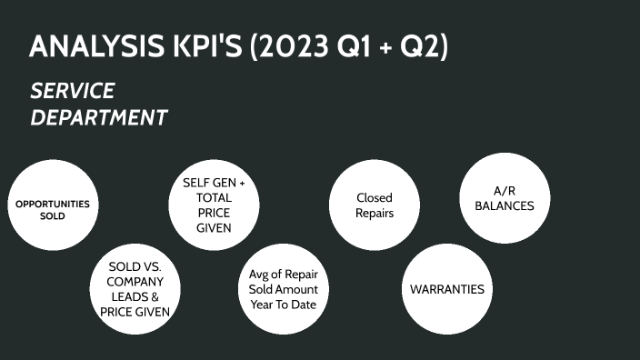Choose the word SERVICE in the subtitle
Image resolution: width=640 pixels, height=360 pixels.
[72, 91]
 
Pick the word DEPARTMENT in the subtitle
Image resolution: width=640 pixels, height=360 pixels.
[99, 117]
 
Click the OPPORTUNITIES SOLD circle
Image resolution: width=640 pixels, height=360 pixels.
[53, 209]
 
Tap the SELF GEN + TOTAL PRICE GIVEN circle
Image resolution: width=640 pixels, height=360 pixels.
[214, 205]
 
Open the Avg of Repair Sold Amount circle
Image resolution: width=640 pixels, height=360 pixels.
[283, 289]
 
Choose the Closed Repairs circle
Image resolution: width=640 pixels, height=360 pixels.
[375, 205]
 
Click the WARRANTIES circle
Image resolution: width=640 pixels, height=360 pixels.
[447, 289]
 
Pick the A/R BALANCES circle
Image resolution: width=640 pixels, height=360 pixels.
[504, 198]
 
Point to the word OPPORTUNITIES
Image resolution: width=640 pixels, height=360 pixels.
[53, 204]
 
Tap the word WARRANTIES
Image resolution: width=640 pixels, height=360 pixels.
[447, 289]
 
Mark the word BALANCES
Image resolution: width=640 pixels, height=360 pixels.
[504, 206]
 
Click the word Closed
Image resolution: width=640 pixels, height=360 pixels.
[375, 197]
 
